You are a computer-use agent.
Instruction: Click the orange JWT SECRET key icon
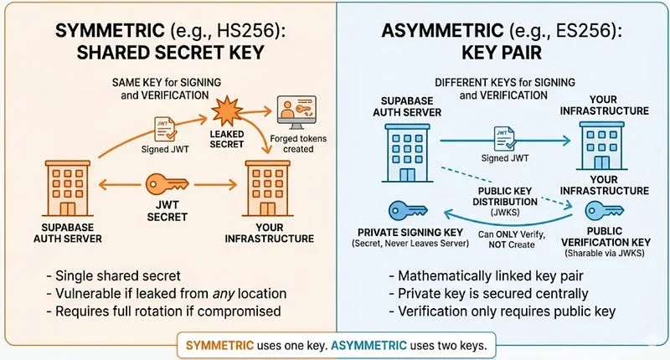[x=167, y=184]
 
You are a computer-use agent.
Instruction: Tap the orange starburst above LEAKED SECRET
[x=227, y=111]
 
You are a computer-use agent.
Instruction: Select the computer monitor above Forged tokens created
[x=296, y=112]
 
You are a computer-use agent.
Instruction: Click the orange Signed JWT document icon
[x=165, y=130]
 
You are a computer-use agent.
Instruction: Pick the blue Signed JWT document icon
[x=504, y=138]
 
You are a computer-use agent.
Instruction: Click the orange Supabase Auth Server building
[x=68, y=188]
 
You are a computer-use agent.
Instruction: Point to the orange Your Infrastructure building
[x=268, y=188]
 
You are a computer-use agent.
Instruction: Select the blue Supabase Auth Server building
[x=407, y=153]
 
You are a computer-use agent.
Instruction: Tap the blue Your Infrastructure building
[x=601, y=146]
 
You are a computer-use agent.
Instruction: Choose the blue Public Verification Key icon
[x=604, y=210]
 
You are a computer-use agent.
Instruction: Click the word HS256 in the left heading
[x=248, y=31]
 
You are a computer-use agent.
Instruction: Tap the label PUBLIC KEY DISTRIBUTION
[x=505, y=197]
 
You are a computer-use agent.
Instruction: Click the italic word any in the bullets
[x=224, y=294]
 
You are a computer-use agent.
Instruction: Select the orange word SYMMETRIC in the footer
[x=219, y=345]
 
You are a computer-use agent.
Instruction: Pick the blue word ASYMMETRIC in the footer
[x=368, y=345]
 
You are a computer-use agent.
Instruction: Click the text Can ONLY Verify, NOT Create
[x=512, y=239]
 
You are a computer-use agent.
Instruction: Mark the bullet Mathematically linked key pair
[x=487, y=276]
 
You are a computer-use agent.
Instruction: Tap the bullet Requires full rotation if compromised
[x=163, y=311]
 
